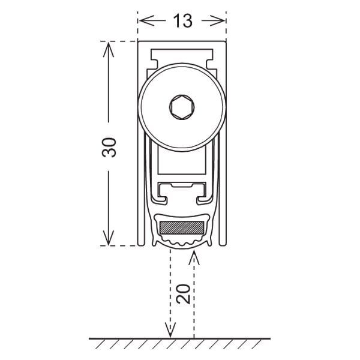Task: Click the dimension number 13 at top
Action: pyautogui.click(x=182, y=20)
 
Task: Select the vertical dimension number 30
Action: pyautogui.click(x=109, y=148)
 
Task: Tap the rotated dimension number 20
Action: pyautogui.click(x=183, y=294)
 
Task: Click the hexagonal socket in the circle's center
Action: pyautogui.click(x=182, y=107)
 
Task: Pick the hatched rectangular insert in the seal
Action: pyautogui.click(x=182, y=227)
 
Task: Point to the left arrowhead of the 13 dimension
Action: pyautogui.click(x=147, y=20)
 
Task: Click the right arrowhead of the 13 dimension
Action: pyautogui.click(x=217, y=20)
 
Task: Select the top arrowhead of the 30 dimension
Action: pyautogui.click(x=109, y=50)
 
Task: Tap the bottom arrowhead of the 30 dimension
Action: pyautogui.click(x=109, y=238)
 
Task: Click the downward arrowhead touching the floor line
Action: pyautogui.click(x=170, y=331)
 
